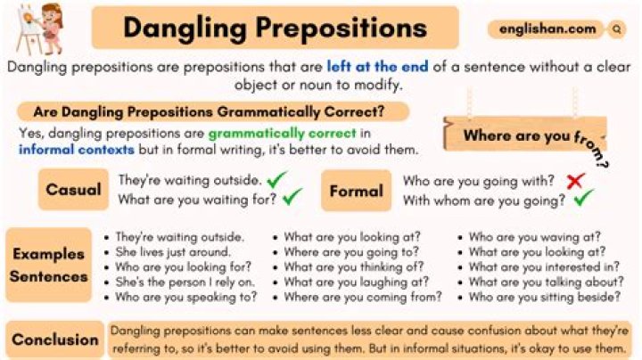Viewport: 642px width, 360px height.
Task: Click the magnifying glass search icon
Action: [616, 29]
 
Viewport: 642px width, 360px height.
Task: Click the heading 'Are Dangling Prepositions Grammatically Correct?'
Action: [209, 112]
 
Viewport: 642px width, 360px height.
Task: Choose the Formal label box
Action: [357, 190]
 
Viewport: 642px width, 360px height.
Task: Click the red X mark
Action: [575, 181]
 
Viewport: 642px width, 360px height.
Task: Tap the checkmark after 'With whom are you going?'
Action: [585, 200]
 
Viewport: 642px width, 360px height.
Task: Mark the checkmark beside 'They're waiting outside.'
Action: [277, 180]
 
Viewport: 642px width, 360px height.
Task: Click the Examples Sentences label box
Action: [50, 265]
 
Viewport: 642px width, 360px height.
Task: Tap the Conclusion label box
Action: [56, 340]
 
